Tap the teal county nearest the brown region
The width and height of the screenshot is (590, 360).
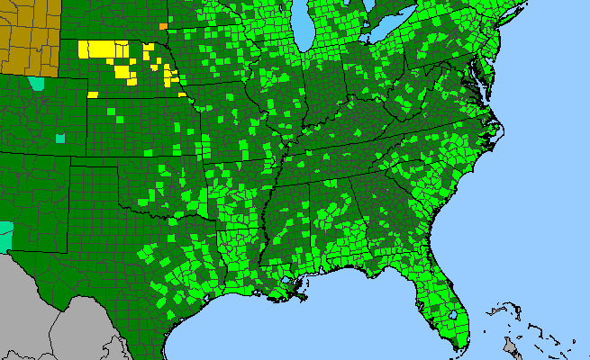pyautogui.click(x=36, y=84)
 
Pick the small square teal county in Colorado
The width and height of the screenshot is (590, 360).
pyautogui.click(x=60, y=139)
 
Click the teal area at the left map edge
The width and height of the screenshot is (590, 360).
pyautogui.click(x=5, y=236)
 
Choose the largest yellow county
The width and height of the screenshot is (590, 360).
pyautogui.click(x=100, y=49)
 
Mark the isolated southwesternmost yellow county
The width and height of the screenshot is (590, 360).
pyautogui.click(x=93, y=91)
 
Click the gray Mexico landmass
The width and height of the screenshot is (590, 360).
pyautogui.click(x=54, y=315)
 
